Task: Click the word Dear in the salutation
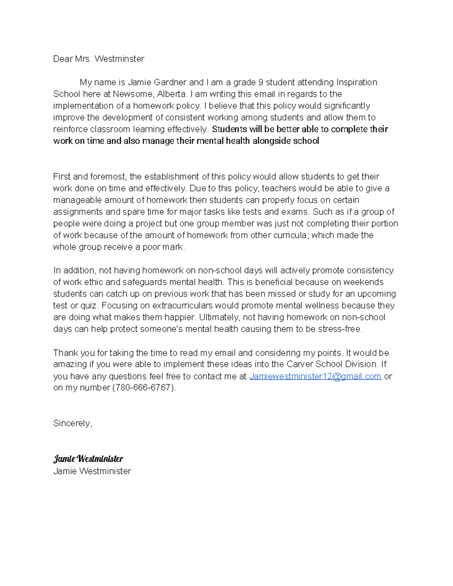(x=63, y=59)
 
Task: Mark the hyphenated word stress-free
(x=340, y=329)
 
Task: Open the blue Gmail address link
(x=316, y=376)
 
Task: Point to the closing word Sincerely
(x=72, y=423)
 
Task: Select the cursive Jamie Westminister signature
(x=88, y=459)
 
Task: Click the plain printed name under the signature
(x=92, y=471)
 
